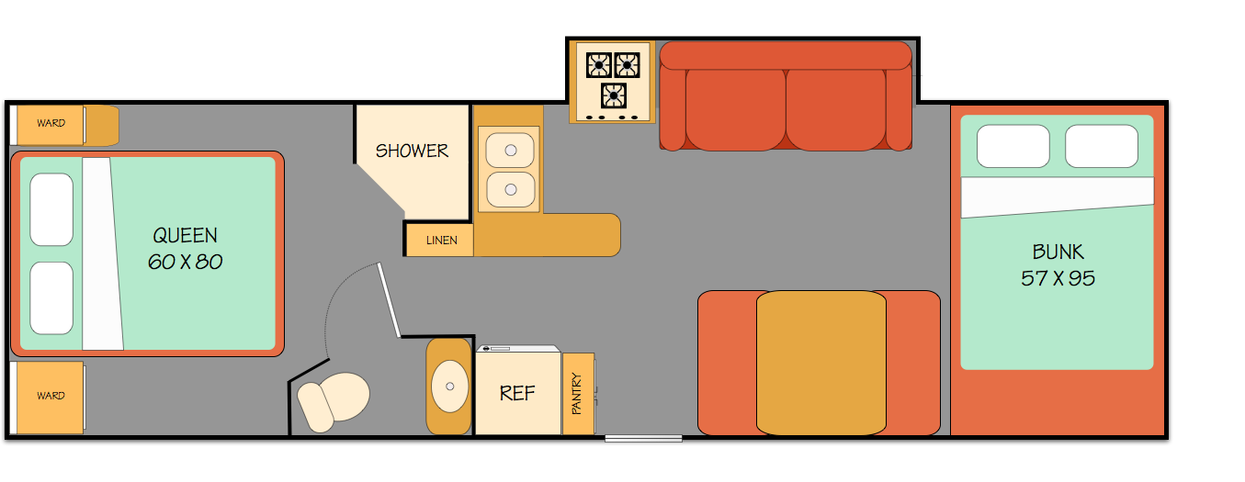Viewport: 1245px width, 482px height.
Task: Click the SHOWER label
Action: [x=412, y=151]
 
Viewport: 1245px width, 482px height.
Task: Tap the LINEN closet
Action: [x=441, y=241]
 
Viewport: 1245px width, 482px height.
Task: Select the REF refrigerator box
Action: [x=517, y=393]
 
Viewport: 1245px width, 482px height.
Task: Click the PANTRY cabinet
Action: [x=578, y=393]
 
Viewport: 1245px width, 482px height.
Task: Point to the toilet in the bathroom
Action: [x=333, y=400]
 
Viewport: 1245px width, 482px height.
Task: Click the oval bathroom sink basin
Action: [x=449, y=387]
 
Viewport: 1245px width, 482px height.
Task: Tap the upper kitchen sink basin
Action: [x=508, y=150]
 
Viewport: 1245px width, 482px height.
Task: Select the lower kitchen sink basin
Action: [x=508, y=190]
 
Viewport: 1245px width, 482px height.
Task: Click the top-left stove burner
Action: [x=599, y=65]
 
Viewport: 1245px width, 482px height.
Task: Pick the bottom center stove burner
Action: [x=614, y=95]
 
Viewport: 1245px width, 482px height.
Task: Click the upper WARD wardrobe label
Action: [x=51, y=123]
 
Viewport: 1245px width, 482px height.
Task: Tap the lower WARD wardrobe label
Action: [x=51, y=396]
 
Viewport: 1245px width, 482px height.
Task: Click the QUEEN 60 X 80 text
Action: [x=186, y=249]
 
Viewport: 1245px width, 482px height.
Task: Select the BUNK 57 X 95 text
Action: [x=1058, y=264]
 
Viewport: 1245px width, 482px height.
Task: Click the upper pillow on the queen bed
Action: [x=51, y=209]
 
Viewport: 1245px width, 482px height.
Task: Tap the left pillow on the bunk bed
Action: [x=1013, y=146]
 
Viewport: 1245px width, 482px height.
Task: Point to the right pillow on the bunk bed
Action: [x=1102, y=146]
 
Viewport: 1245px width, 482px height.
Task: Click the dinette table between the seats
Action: [x=821, y=363]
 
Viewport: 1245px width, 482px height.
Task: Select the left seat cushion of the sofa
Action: [x=735, y=110]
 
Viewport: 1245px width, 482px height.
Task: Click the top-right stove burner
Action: [x=628, y=65]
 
